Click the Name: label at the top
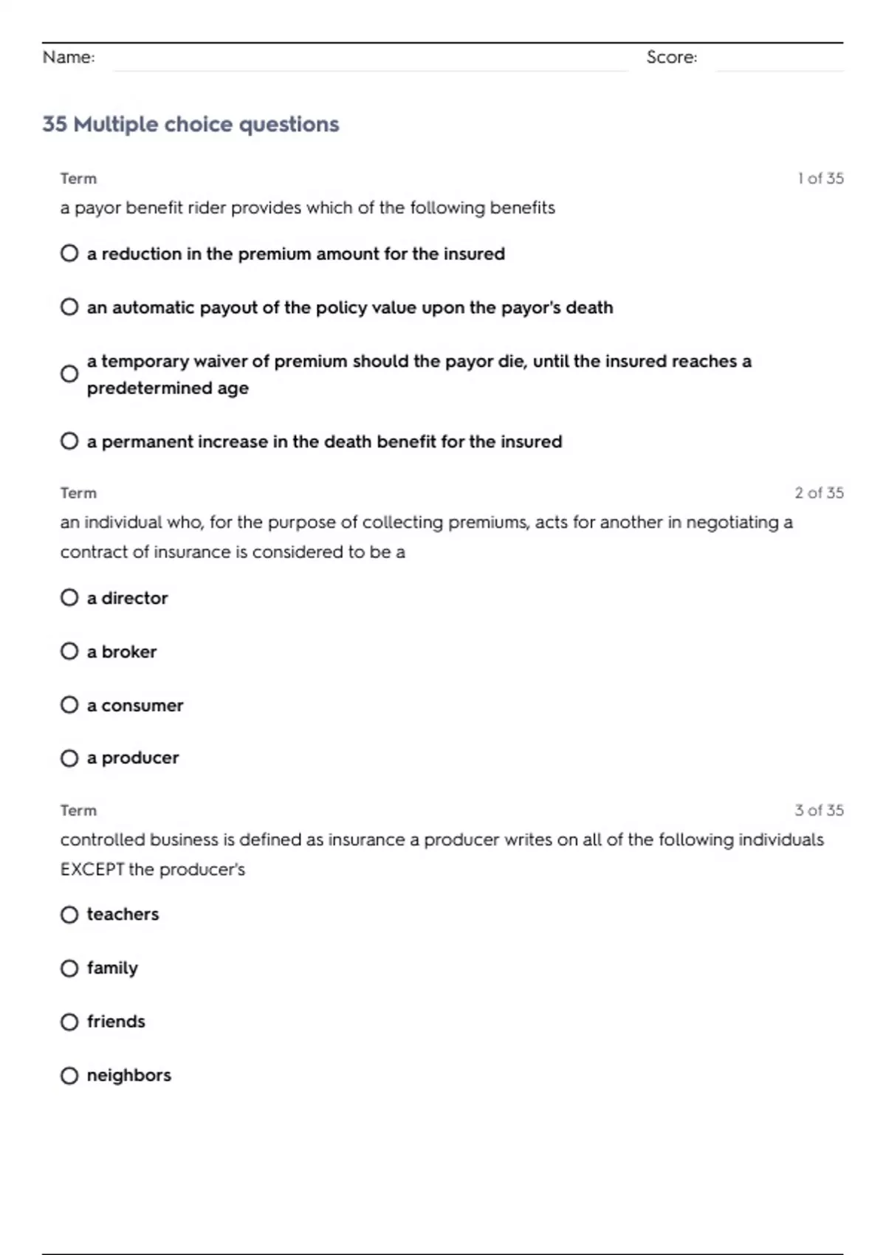pos(69,58)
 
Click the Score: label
pos(671,58)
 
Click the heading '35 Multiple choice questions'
pos(190,124)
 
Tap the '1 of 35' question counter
pos(820,179)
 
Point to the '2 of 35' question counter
pos(819,493)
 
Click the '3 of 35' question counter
pos(819,811)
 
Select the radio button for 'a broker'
pos(69,651)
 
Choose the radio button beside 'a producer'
pos(69,758)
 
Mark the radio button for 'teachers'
pos(69,915)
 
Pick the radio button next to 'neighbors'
pos(69,1076)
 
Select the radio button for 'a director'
pos(69,597)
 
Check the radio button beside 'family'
pos(69,968)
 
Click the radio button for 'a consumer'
pos(69,705)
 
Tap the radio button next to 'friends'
pos(69,1022)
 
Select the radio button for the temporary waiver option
pos(69,374)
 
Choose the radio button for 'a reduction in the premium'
pos(69,253)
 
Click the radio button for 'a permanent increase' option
pos(69,441)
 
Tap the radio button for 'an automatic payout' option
pos(69,307)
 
